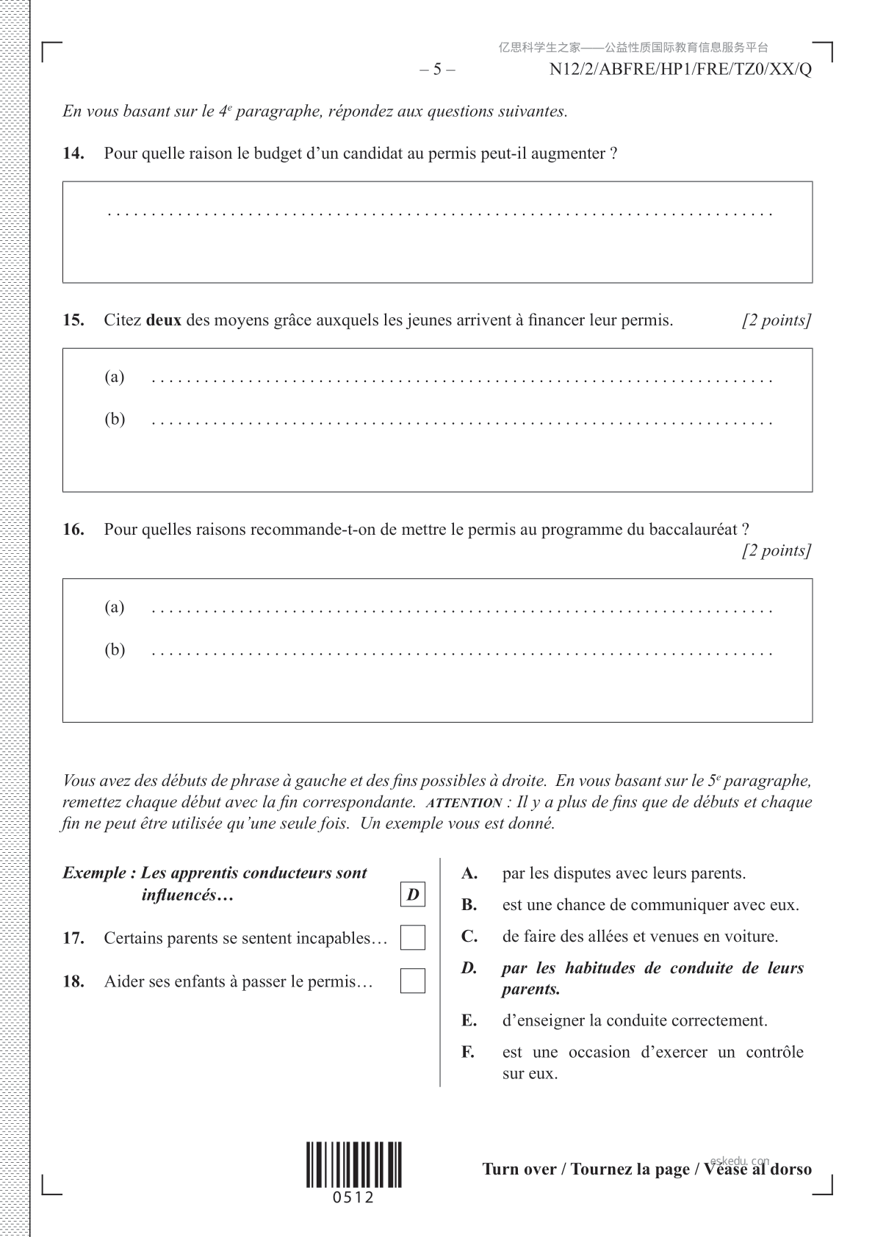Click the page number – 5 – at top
pyautogui.click(x=437, y=70)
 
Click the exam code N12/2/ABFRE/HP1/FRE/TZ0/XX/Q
pyautogui.click(x=680, y=70)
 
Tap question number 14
pyautogui.click(x=73, y=154)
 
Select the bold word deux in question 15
pyautogui.click(x=164, y=320)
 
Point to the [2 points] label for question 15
pyautogui.click(x=777, y=320)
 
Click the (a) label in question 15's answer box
pyautogui.click(x=115, y=377)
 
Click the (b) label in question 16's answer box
pyautogui.click(x=115, y=649)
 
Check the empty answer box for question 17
pyautogui.click(x=413, y=938)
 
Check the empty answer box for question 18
pyautogui.click(x=413, y=981)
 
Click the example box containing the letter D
pyautogui.click(x=413, y=895)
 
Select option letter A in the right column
pyautogui.click(x=469, y=873)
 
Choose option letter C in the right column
pyautogui.click(x=469, y=937)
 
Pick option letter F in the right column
pyautogui.click(x=468, y=1052)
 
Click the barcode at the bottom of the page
pyautogui.click(x=354, y=1165)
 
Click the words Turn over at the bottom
pyautogui.click(x=519, y=1169)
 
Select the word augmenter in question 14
pyautogui.click(x=566, y=154)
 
